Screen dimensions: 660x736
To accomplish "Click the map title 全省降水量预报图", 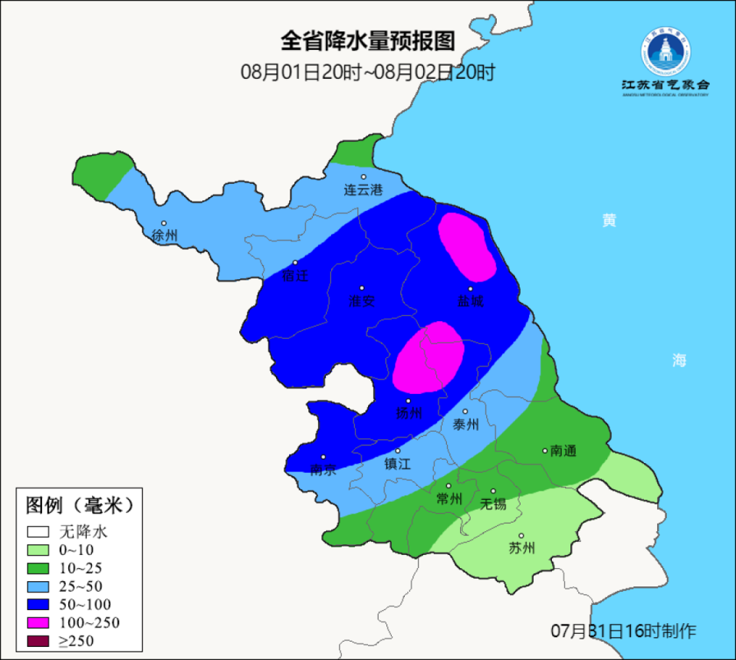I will pyautogui.click(x=367, y=41).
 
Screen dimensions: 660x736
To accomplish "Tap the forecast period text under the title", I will pyautogui.click(x=367, y=73).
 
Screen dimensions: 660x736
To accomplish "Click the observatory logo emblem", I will pyautogui.click(x=665, y=52).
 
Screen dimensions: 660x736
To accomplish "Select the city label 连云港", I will pyautogui.click(x=363, y=189).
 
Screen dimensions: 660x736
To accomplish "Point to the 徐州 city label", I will pyautogui.click(x=164, y=235).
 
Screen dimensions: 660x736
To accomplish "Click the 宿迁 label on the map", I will pyautogui.click(x=295, y=276).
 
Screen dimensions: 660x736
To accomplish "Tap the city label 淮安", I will pyautogui.click(x=362, y=301).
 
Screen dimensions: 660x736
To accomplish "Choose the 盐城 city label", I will pyautogui.click(x=471, y=301).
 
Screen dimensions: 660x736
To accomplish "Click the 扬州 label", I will pyautogui.click(x=409, y=413).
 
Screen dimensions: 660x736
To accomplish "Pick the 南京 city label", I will pyautogui.click(x=323, y=470).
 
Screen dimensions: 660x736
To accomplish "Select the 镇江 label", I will pyautogui.click(x=397, y=464).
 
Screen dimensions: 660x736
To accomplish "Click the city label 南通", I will pyautogui.click(x=563, y=451).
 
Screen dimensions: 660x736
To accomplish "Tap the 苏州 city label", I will pyautogui.click(x=521, y=548).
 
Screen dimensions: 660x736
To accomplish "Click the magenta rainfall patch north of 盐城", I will pyautogui.click(x=466, y=247).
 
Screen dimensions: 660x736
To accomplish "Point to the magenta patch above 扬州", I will pyautogui.click(x=429, y=357).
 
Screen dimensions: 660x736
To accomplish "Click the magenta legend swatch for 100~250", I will pyautogui.click(x=38, y=622).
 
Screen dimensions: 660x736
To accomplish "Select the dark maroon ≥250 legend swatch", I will pyautogui.click(x=38, y=641).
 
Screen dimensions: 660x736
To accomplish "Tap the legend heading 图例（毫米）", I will pyautogui.click(x=80, y=505).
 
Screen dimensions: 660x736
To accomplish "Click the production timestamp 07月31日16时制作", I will pyautogui.click(x=623, y=631).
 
